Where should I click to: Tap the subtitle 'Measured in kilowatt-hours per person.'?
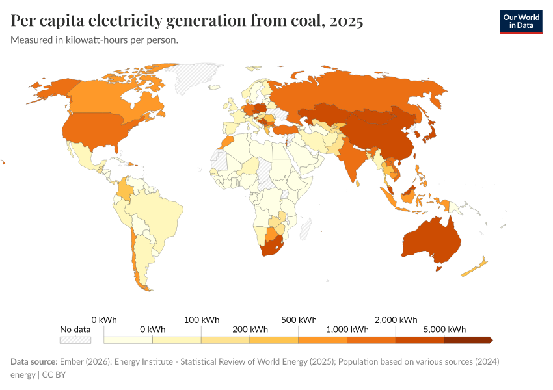click(94, 40)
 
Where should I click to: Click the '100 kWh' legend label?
click(201, 320)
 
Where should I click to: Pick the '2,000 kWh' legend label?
click(396, 320)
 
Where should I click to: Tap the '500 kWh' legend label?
click(299, 320)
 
